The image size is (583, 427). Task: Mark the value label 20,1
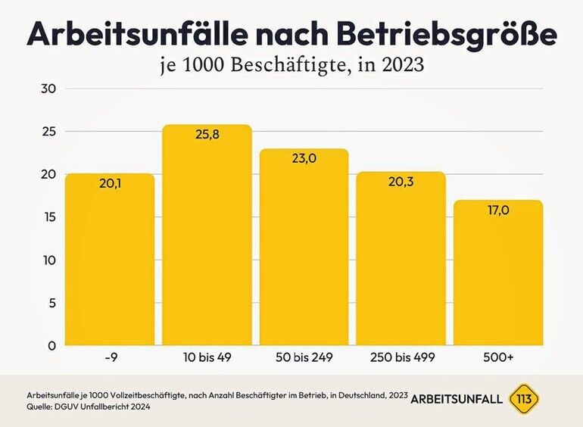click(110, 182)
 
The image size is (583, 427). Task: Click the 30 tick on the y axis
click(49, 89)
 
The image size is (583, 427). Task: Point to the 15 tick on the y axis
click(49, 217)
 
